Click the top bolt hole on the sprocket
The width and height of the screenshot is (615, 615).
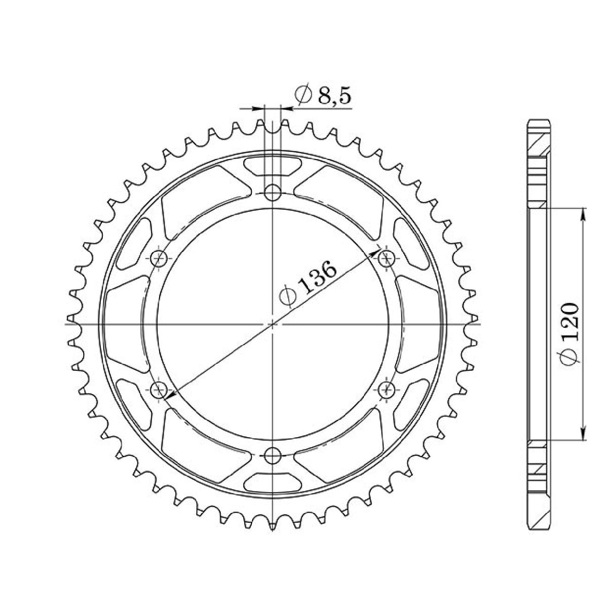coord(273,192)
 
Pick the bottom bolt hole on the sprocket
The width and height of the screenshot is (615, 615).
coord(273,456)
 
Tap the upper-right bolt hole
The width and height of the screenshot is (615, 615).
coord(388,258)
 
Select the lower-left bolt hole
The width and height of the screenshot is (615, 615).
coord(159,390)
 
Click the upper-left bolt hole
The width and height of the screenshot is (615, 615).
coord(159,258)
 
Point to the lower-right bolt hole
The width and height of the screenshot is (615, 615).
coord(388,390)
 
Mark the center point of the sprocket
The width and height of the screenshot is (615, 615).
coord(273,324)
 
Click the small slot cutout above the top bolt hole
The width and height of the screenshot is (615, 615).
coord(273,166)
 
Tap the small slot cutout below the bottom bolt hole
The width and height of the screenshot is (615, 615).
coord(273,481)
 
